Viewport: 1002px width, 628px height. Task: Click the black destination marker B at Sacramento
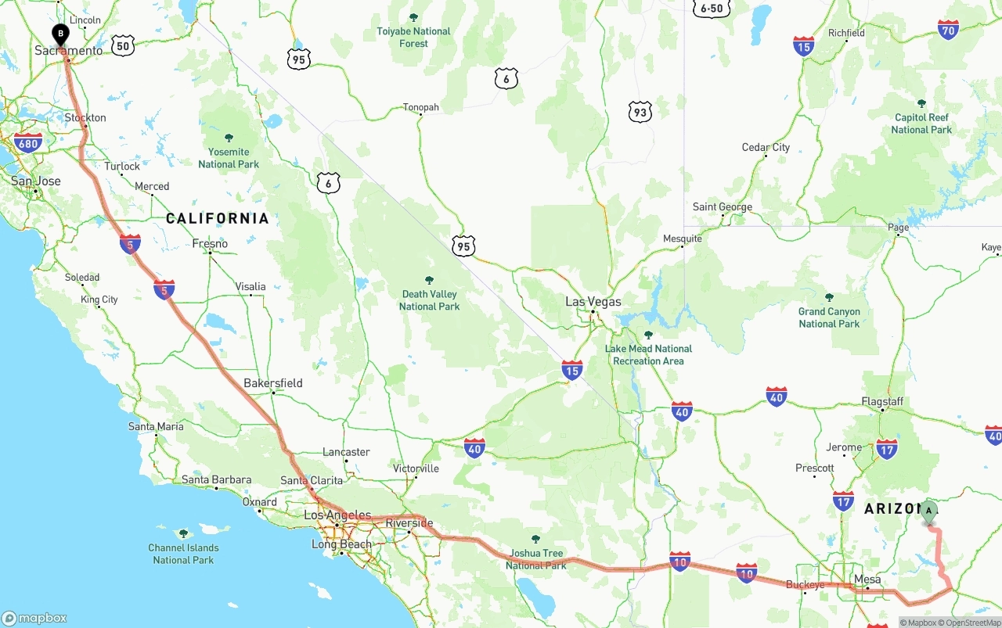coord(60,35)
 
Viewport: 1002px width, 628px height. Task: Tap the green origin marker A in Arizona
coord(928,512)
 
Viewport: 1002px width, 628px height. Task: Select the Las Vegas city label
coord(593,302)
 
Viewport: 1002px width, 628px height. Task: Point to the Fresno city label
coord(210,244)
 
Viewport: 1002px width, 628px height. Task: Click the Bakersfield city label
coord(272,383)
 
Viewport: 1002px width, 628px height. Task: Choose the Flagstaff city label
coord(882,402)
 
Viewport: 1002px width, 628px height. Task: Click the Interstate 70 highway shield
coord(949,31)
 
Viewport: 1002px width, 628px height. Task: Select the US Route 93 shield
coord(640,112)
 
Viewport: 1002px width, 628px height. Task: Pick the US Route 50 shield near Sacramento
coord(122,46)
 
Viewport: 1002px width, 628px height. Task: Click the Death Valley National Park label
coord(429,300)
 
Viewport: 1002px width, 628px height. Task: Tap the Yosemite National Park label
coord(229,157)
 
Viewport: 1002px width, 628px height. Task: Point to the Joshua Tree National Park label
coord(535,558)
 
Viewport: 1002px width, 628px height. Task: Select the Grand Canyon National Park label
coord(829,317)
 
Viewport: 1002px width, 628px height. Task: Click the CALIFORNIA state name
coord(217,219)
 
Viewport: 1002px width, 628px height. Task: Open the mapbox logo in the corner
coord(34,618)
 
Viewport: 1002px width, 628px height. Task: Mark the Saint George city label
coord(723,207)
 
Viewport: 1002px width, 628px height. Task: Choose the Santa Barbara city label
coord(216,480)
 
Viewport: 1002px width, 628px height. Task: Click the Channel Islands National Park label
coord(183,553)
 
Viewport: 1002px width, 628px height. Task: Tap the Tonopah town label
coord(420,108)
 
